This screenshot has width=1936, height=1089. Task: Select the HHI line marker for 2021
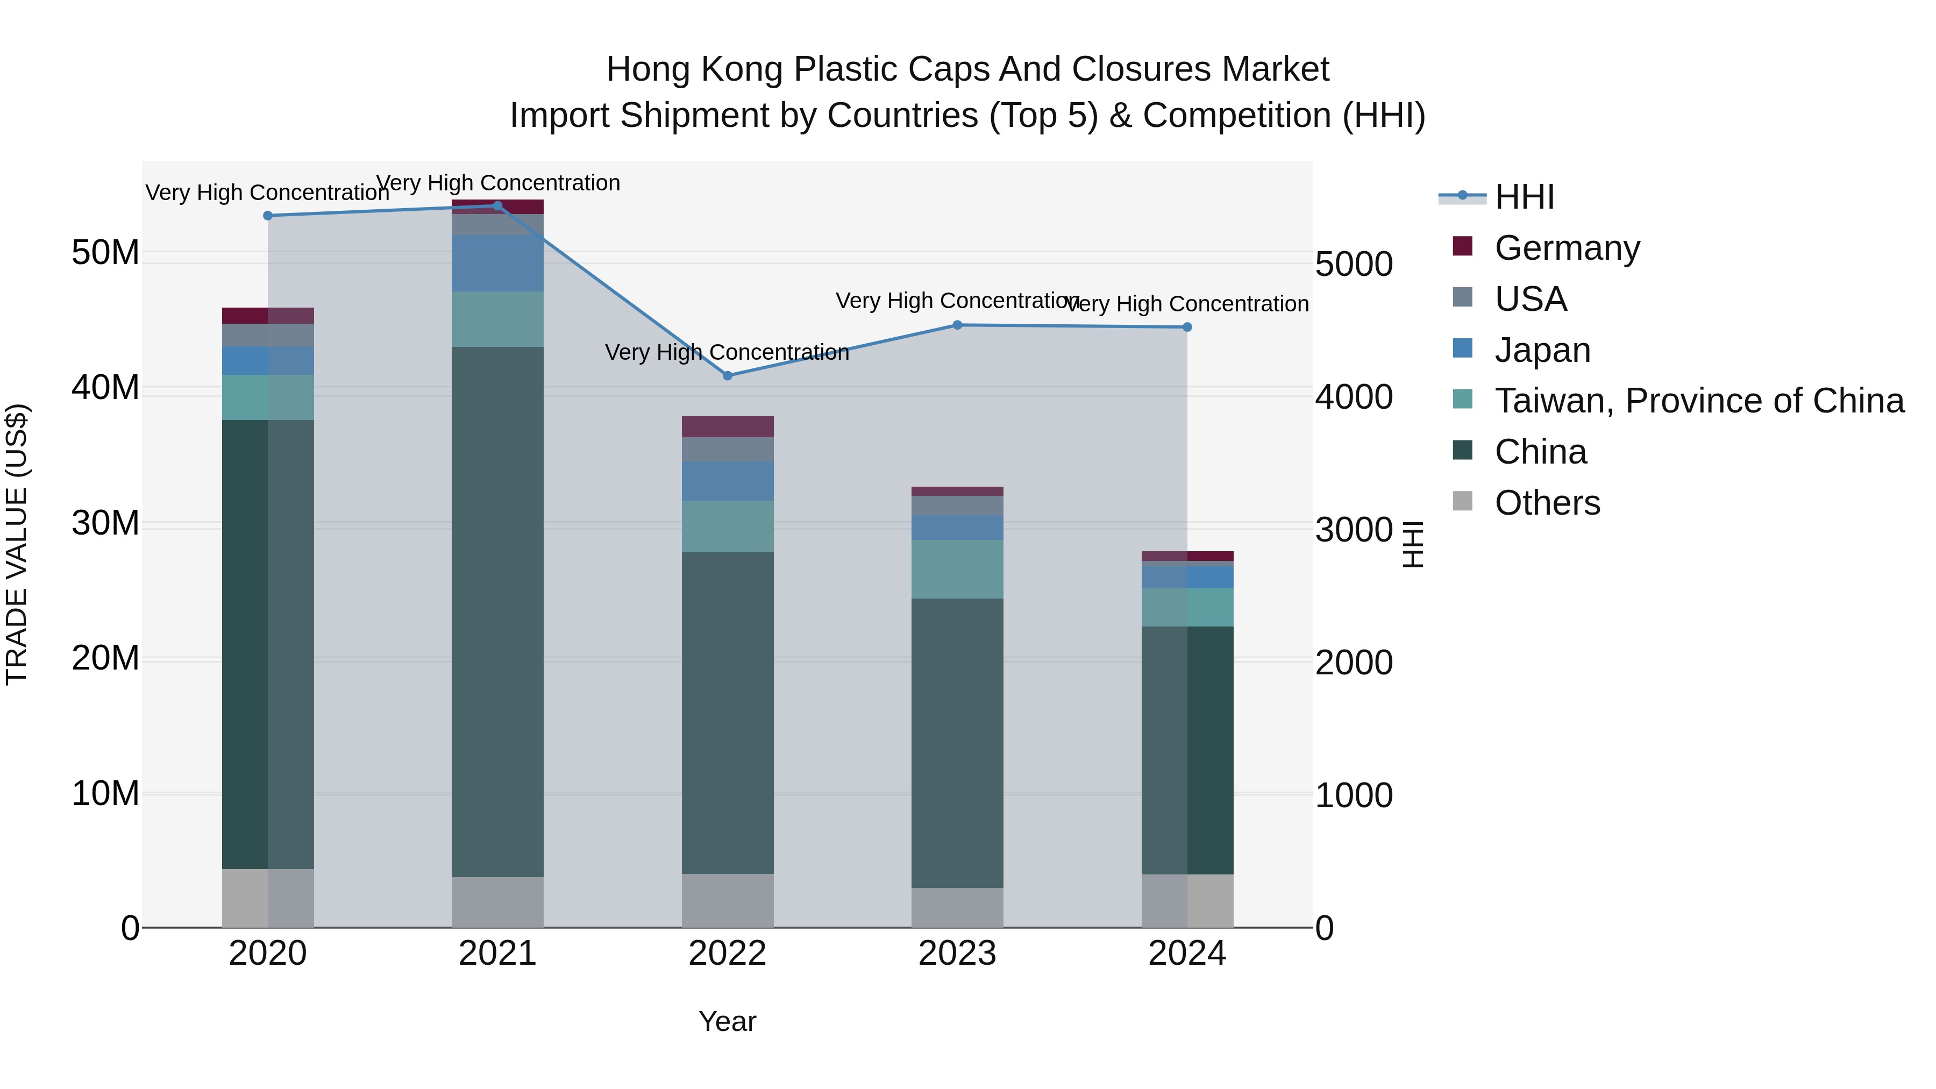click(497, 206)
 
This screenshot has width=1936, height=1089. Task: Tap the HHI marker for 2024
click(1187, 327)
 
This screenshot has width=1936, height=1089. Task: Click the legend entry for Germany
click(1567, 248)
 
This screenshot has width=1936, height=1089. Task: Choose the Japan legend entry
click(1542, 350)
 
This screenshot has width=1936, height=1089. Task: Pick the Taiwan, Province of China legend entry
click(1698, 401)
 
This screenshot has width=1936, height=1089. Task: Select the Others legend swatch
click(1463, 501)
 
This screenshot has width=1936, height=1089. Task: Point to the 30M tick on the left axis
click(105, 523)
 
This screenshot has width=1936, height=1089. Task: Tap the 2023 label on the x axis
click(957, 953)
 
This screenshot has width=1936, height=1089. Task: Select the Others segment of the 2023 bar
click(957, 907)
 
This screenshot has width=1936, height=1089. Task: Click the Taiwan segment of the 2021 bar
click(497, 319)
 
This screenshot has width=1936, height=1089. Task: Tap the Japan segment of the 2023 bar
click(957, 527)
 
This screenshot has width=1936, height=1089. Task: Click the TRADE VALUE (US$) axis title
click(17, 544)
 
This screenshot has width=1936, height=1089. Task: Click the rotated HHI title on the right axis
click(1413, 544)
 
